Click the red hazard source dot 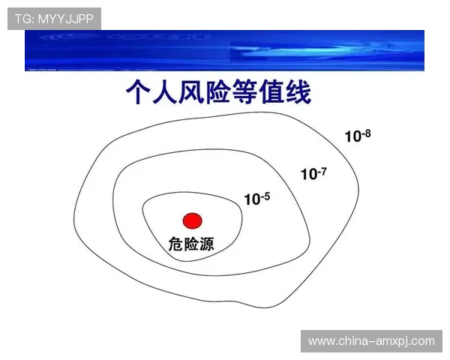[193, 220]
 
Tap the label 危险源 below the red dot [191, 244]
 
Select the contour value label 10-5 [256, 199]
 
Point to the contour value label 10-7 [313, 174]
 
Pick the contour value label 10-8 [358, 136]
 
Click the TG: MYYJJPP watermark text [54, 18]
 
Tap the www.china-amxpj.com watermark [371, 341]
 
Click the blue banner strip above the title [225, 50]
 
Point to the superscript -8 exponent [367, 133]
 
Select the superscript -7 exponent [322, 170]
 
